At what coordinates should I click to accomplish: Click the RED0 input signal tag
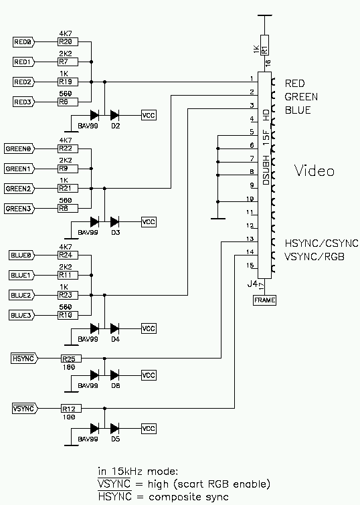(23, 42)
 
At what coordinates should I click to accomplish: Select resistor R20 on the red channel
(68, 42)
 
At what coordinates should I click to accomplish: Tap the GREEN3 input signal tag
(19, 209)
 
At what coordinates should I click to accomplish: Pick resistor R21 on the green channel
(68, 189)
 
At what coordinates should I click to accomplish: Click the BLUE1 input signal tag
(21, 276)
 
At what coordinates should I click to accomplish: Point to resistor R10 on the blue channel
(68, 315)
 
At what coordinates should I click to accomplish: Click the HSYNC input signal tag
(25, 359)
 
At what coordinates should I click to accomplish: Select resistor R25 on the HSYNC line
(71, 359)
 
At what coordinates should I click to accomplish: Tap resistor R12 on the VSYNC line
(71, 409)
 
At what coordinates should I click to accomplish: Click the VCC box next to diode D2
(149, 115)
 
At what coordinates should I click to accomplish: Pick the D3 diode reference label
(115, 233)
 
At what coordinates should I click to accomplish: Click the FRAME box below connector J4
(264, 300)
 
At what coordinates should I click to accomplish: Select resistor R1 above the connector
(264, 45)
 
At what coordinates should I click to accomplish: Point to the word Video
(314, 171)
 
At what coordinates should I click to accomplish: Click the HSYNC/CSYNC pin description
(321, 243)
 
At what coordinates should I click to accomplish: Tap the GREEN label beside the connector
(301, 96)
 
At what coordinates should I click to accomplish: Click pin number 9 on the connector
(252, 185)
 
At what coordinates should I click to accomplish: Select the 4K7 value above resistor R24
(66, 247)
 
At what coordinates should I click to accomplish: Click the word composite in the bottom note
(173, 497)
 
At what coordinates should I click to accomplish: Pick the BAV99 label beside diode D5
(88, 439)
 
